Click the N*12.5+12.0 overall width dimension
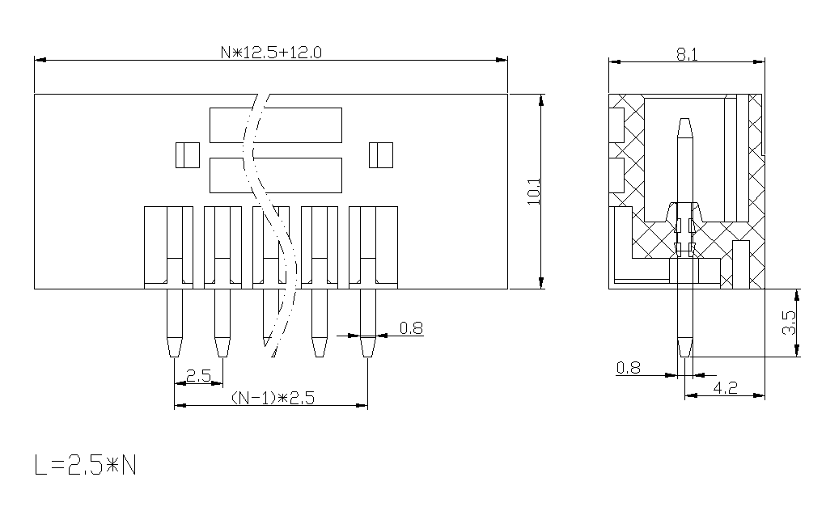click(x=271, y=53)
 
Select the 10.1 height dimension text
click(x=534, y=191)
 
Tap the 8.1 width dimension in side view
click(x=687, y=54)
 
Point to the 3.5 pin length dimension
click(x=789, y=323)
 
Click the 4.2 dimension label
click(x=726, y=388)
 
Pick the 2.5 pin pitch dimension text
click(x=198, y=375)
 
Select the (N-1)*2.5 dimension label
click(x=273, y=398)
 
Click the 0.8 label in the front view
click(x=411, y=328)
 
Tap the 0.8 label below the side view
click(x=629, y=367)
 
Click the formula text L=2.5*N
click(x=85, y=465)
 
